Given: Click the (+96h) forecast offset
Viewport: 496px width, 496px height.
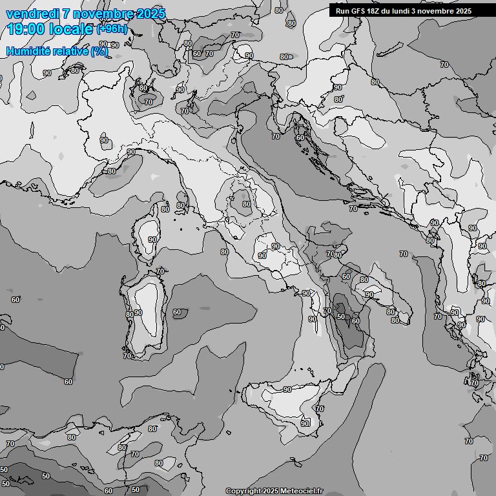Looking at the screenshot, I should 112,29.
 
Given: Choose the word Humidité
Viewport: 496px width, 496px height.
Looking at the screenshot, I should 26,51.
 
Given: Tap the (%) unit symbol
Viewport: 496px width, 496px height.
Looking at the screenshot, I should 99,51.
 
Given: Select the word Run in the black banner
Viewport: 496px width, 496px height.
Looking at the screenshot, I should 342,11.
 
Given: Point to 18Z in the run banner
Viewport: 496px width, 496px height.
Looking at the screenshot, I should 375,11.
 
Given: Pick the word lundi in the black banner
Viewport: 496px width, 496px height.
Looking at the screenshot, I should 401,11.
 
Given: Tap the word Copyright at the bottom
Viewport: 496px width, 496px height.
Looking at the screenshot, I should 243,491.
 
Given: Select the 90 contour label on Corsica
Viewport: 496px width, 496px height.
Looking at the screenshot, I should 152,240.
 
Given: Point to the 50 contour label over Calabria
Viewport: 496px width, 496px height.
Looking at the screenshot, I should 340,316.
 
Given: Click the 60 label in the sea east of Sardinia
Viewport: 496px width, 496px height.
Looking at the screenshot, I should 177,313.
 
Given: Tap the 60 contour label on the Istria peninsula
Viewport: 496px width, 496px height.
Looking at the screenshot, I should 300,138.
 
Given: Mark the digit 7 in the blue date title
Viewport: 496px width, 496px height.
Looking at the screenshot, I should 66,14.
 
